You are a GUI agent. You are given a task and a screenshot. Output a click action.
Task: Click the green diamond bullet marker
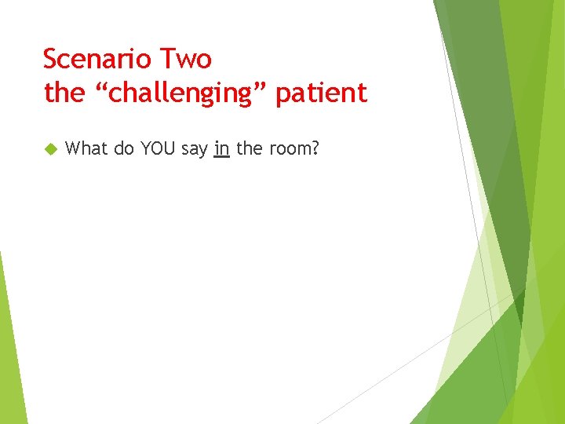(51, 148)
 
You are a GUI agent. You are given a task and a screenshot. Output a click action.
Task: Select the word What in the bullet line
(87, 148)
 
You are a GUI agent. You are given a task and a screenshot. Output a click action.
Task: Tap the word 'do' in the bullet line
(124, 148)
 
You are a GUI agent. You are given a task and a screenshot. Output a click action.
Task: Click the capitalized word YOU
(158, 148)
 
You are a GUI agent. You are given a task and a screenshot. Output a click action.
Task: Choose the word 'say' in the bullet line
(195, 149)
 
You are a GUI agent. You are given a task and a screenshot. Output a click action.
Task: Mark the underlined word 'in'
(221, 148)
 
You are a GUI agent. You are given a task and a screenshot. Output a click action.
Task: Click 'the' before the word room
(249, 148)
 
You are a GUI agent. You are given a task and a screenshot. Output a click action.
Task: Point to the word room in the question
(290, 148)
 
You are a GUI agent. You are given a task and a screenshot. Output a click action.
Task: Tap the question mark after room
(315, 148)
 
